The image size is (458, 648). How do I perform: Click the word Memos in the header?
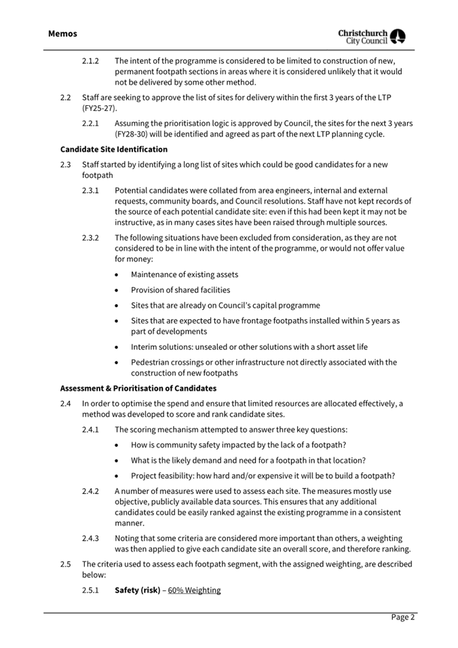(63, 33)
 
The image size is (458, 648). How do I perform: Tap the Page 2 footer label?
(402, 617)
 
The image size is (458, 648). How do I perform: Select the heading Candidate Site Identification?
(114, 149)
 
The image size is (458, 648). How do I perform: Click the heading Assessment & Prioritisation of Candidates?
(138, 388)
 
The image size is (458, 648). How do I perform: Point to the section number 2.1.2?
(91, 60)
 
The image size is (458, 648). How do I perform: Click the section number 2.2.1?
(91, 123)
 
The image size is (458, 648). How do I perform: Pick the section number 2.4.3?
(91, 538)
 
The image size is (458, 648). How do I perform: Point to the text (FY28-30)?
(133, 134)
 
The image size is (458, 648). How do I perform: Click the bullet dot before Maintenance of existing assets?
(119, 274)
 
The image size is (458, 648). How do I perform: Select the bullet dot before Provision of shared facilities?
(119, 290)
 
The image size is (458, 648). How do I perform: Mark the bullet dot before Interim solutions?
(119, 346)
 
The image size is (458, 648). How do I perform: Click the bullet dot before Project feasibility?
(119, 475)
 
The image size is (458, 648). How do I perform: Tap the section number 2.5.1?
(91, 590)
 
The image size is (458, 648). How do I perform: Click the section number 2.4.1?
(91, 429)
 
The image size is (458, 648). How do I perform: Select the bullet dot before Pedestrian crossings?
(119, 362)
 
